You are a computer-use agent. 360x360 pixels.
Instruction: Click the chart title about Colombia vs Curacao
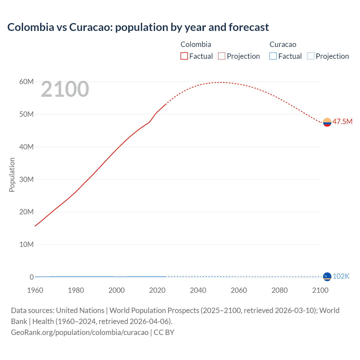pos(138,27)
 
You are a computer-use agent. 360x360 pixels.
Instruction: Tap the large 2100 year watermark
pos(65,89)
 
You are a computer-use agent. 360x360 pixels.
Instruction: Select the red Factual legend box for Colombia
pos(184,56)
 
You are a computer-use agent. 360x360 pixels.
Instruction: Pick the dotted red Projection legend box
pos(222,56)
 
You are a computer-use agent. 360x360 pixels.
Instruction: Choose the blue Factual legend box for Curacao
pos(273,56)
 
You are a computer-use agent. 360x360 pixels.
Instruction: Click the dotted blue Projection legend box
pos(311,56)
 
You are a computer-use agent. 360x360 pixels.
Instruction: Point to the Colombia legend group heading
pos(196,44)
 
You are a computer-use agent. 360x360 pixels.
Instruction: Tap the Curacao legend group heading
pos(283,44)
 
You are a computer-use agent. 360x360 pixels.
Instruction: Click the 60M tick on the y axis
pos(26,82)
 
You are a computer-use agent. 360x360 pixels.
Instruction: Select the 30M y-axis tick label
pos(26,179)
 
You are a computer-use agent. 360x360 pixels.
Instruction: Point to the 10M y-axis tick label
pos(26,244)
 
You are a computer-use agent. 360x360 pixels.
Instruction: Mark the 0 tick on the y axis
pos(31,277)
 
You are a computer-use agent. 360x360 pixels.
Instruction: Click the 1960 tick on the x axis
pos(35,290)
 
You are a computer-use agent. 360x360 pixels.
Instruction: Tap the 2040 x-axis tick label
pos(198,290)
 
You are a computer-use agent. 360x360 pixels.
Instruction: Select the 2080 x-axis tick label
pos(280,290)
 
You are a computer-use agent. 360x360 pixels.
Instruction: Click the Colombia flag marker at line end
pos(327,122)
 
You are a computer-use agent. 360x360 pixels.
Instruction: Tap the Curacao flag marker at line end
pos(327,277)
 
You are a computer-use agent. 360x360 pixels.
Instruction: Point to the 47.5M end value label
pos(342,121)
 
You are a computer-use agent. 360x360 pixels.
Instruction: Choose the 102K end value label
pos(341,276)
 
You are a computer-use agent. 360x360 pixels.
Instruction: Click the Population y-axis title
pos(12,175)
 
